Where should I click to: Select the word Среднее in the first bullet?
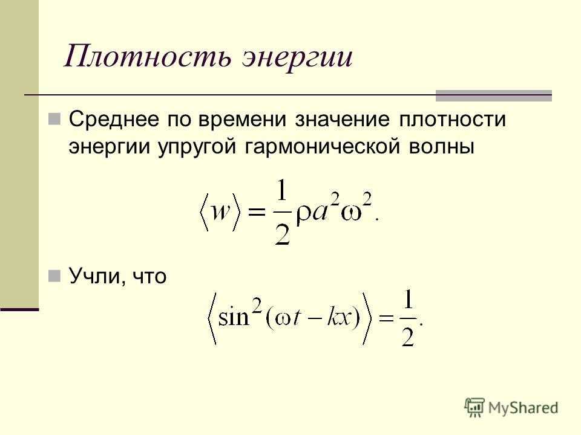[114, 120]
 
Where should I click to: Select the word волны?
[442, 147]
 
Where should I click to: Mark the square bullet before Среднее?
[54, 119]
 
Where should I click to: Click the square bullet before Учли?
[54, 276]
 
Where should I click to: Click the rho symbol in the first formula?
[304, 215]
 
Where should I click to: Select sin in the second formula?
[234, 317]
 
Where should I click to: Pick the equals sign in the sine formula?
[386, 318]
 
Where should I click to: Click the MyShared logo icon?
[474, 408]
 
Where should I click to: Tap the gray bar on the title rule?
[494, 95]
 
